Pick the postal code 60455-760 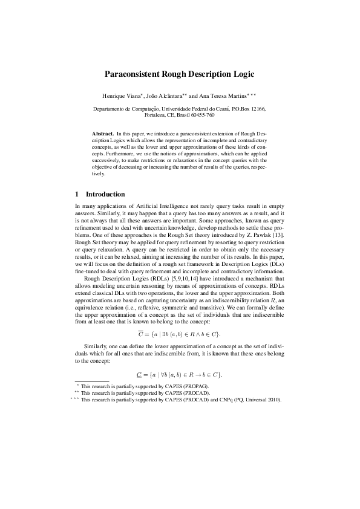tap(201, 114)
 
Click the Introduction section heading tap(105, 195)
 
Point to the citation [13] tap(279, 234)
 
